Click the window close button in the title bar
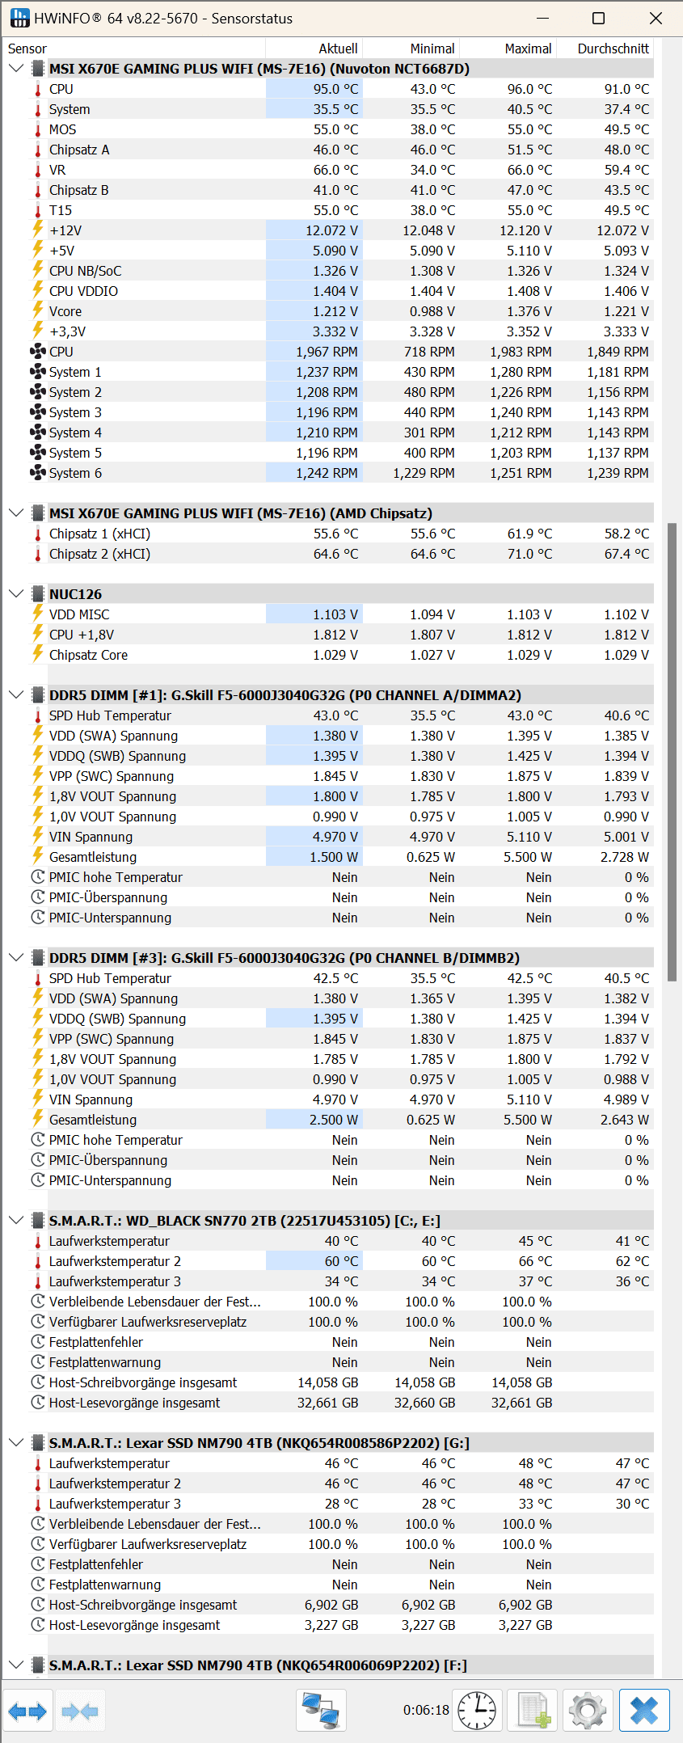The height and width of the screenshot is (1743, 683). (656, 19)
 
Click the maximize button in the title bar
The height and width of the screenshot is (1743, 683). (598, 19)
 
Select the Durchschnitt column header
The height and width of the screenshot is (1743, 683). (613, 49)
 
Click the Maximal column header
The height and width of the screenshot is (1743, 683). (528, 49)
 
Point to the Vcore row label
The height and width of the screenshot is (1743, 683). (65, 311)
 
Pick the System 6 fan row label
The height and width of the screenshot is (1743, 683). (75, 473)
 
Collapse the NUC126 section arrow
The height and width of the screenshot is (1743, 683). (15, 594)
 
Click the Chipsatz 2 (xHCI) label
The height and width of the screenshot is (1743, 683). (99, 554)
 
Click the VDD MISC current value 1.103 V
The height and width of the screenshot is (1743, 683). (335, 614)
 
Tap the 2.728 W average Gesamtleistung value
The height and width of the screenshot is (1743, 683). (624, 857)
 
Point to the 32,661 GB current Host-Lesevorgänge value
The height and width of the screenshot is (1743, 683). (327, 1403)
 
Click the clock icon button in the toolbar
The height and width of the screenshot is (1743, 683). (477, 1711)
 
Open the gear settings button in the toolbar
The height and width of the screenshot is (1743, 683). (588, 1711)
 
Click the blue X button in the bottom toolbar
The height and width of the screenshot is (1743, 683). (644, 1711)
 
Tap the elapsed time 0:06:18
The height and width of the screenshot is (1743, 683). (426, 1710)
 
